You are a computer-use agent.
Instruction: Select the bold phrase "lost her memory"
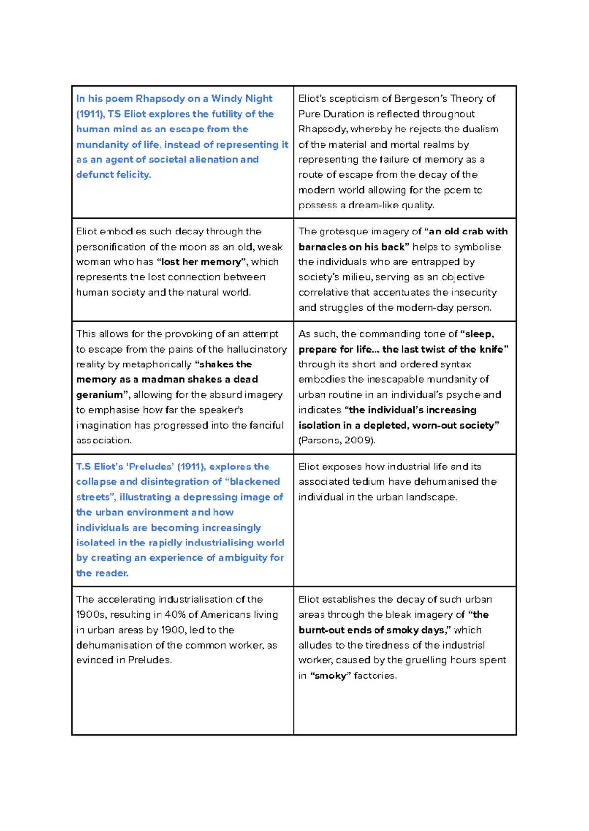(x=201, y=262)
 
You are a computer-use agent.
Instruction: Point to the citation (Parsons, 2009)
(x=337, y=441)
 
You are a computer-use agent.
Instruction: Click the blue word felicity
(x=134, y=175)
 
